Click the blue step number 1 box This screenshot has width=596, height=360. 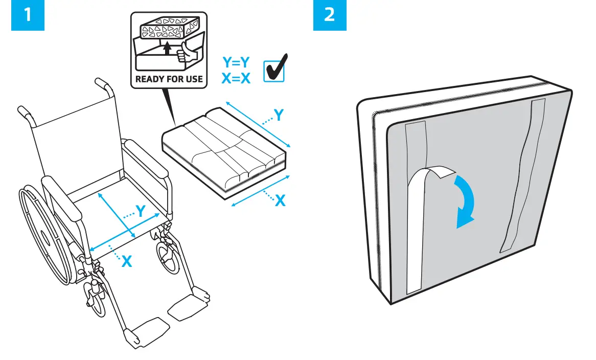point(28,15)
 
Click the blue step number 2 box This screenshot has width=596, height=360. point(330,15)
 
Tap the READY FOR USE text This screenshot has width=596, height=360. point(169,79)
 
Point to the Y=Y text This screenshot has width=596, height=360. point(236,62)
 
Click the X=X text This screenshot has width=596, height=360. point(236,78)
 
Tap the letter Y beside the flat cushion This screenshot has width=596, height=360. point(279,116)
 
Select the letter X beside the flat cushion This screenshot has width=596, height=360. point(280,201)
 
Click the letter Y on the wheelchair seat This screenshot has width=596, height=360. point(141,210)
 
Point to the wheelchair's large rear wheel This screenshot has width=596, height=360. point(43,235)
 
